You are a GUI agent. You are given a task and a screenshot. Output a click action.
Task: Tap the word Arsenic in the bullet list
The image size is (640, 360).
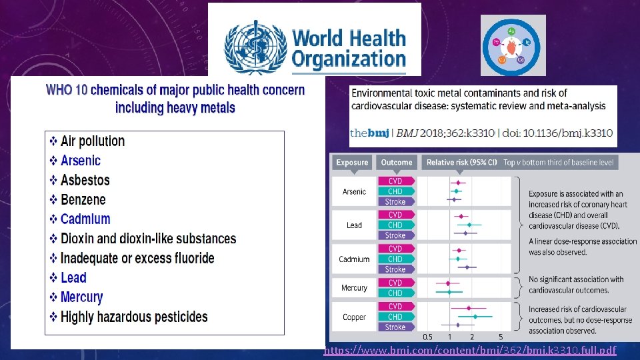[80, 161]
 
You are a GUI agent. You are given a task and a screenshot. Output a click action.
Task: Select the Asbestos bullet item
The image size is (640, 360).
[85, 180]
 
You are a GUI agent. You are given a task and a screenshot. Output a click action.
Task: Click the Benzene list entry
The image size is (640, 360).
[83, 199]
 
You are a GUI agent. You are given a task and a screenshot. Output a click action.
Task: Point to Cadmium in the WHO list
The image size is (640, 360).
[85, 219]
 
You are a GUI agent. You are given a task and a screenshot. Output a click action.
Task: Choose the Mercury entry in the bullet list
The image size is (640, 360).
[81, 297]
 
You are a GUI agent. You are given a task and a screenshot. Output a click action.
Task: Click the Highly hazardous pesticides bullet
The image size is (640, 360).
[134, 317]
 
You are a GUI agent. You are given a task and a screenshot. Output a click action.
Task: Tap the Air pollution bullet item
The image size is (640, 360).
[92, 141]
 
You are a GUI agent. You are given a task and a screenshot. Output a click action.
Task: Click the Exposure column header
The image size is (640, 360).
[352, 162]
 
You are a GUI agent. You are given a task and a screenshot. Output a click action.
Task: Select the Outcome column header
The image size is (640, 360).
[397, 162]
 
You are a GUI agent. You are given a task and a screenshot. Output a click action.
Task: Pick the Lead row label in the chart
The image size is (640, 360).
[354, 225]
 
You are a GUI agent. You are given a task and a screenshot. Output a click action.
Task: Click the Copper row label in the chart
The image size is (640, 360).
[354, 317]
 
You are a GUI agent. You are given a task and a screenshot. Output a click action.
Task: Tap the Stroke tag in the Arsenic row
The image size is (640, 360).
[395, 201]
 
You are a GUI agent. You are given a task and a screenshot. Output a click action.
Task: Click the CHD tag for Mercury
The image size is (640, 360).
[395, 293]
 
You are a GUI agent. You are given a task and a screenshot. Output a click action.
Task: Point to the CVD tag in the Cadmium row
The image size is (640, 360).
[395, 249]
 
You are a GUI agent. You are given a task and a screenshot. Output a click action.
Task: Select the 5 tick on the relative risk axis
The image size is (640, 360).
[501, 337]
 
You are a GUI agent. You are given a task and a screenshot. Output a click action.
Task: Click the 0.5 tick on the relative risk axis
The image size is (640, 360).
[427, 337]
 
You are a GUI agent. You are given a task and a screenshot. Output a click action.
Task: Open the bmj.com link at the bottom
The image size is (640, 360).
[470, 351]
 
